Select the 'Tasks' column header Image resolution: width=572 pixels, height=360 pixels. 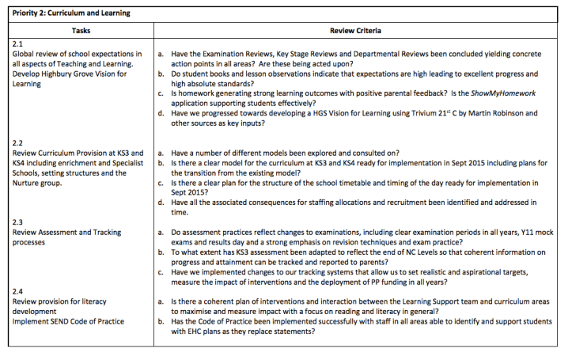coord(80,30)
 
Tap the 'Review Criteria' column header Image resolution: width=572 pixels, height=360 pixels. coord(356,30)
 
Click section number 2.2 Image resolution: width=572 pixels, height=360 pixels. coord(18,143)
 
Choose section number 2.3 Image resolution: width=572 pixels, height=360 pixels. coord(18,222)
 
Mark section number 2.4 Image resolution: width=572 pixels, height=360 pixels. coord(18,291)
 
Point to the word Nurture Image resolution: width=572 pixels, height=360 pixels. coord(28,183)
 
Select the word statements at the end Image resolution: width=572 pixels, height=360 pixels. coord(293,332)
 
